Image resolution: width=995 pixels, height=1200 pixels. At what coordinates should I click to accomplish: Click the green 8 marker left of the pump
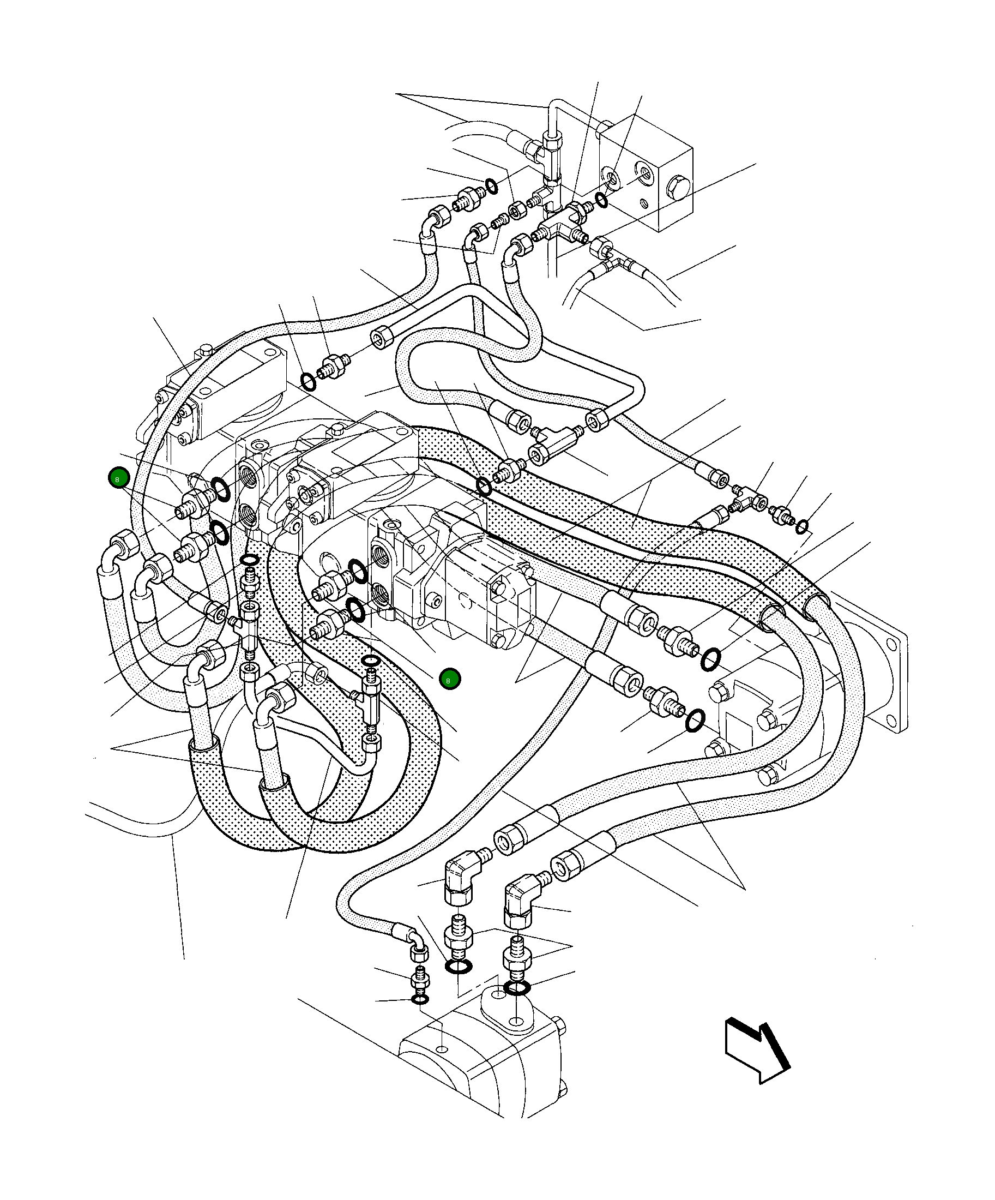118,479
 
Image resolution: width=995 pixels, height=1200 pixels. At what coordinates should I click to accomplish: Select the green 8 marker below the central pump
449,680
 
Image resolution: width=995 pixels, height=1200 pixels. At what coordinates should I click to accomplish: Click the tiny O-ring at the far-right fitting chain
802,526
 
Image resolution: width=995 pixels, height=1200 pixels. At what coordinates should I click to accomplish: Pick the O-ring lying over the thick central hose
484,487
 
